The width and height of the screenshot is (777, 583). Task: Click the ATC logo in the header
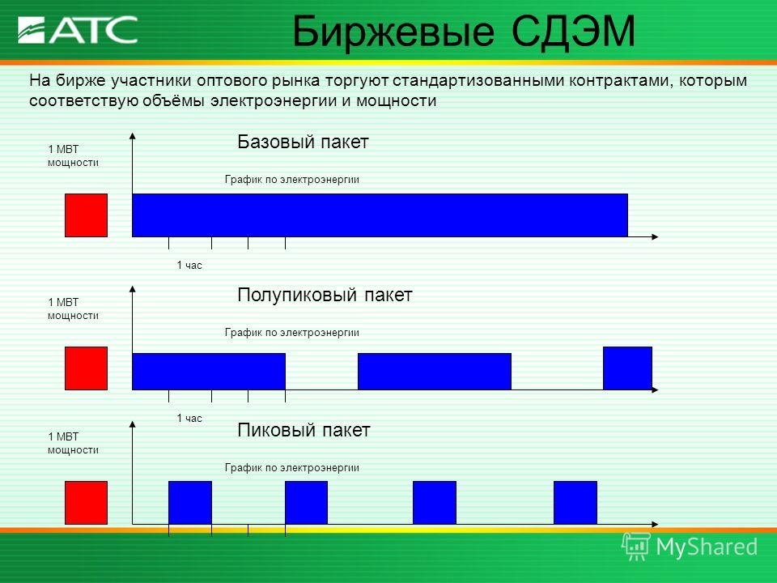(x=78, y=30)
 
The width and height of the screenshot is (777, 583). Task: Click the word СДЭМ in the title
(x=573, y=32)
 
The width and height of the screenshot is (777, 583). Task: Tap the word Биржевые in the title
(x=393, y=32)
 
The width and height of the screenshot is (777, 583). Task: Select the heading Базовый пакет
(x=303, y=142)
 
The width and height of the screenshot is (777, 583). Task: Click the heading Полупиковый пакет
(x=325, y=295)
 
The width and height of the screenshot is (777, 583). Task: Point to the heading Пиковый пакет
(x=304, y=430)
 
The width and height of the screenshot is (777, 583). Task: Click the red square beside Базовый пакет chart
(x=87, y=215)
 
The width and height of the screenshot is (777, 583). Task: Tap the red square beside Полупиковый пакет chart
(x=87, y=368)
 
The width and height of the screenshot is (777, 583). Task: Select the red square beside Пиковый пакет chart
(x=87, y=503)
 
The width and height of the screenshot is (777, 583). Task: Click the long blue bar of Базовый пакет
(x=380, y=215)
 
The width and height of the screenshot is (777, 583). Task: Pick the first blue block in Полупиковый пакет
(x=209, y=372)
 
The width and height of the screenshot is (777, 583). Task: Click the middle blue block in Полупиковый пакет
(x=435, y=372)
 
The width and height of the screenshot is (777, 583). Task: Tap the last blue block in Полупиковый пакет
(x=628, y=368)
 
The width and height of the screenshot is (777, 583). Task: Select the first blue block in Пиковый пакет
(x=190, y=503)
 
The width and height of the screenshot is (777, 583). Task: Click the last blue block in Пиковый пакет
(x=575, y=503)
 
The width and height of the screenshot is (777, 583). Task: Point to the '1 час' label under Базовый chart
(x=189, y=266)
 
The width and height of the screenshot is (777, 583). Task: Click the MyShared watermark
(x=690, y=547)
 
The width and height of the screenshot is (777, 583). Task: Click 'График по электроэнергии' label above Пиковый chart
(x=292, y=467)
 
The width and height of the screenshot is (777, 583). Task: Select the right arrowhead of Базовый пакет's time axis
(x=655, y=237)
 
